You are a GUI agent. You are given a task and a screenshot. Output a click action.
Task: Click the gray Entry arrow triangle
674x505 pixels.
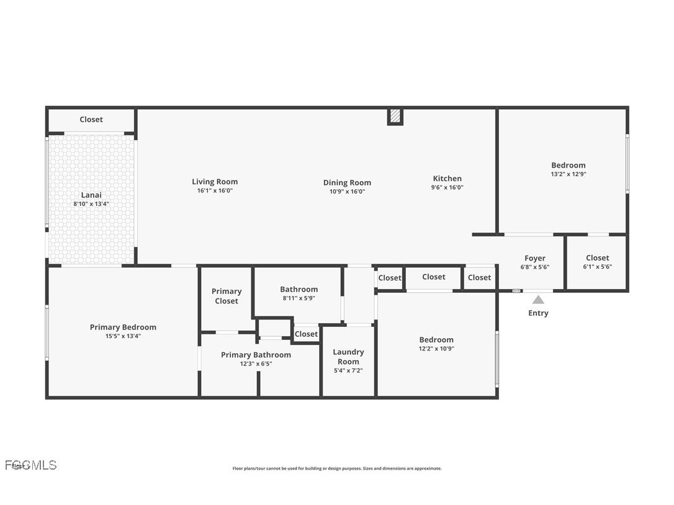pos(538,300)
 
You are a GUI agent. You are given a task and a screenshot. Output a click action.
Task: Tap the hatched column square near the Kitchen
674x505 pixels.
pos(395,117)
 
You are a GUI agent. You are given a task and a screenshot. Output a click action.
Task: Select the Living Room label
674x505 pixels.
pos(215,182)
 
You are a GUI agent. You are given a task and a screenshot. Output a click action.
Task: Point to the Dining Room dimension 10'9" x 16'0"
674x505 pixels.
pos(347,192)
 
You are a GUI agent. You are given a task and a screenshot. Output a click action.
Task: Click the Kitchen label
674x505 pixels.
pos(447,179)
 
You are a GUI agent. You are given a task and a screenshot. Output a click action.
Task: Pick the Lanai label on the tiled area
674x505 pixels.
pos(91,195)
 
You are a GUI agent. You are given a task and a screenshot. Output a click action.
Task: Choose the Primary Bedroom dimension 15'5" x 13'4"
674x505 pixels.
pos(123,336)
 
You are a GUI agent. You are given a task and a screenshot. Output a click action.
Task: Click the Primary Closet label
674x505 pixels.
pos(227,296)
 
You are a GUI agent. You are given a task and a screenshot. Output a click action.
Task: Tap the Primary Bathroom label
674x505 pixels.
pos(256,355)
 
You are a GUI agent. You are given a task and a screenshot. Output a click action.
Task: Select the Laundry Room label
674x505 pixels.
pos(348,357)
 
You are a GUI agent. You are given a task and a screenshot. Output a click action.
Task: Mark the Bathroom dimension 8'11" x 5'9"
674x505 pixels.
pos(299,298)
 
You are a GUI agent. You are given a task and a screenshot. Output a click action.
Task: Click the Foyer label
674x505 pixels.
pos(534,258)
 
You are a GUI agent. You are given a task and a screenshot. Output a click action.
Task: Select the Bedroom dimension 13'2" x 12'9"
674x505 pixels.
pos(568,174)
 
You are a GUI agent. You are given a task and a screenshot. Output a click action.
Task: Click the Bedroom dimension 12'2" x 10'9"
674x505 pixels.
pos(436,349)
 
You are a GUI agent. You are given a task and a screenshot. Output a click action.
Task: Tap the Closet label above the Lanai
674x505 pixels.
pos(91,119)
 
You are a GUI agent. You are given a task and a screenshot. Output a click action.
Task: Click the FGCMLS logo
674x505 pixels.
pos(31,465)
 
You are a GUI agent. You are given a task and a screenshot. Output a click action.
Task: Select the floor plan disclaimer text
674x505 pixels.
pos(337,468)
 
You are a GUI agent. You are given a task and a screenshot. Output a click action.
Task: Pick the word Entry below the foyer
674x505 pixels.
pos(538,313)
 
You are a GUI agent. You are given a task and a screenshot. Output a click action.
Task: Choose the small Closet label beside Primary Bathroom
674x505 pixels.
pos(306,334)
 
